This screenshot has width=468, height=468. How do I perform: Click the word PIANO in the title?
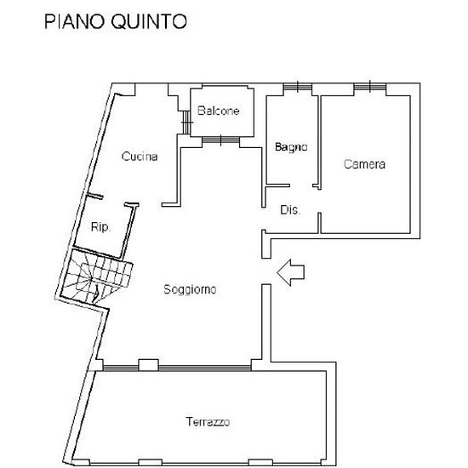(x=75, y=21)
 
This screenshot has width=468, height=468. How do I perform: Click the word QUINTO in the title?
(x=149, y=22)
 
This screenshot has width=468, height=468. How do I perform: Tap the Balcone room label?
(x=219, y=111)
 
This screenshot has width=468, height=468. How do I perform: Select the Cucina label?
(x=140, y=157)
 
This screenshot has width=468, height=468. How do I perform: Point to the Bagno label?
(x=291, y=147)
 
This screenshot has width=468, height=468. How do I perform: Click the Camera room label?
(x=364, y=164)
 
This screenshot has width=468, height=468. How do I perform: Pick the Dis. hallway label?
(x=290, y=210)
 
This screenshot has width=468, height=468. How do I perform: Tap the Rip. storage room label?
(x=101, y=227)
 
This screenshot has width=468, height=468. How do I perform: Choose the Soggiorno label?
(x=190, y=289)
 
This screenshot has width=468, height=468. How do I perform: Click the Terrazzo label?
(x=208, y=422)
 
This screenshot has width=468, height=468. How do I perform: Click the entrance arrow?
(x=290, y=272)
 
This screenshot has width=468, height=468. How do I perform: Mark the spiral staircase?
(x=96, y=276)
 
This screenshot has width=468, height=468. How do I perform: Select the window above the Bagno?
(x=298, y=87)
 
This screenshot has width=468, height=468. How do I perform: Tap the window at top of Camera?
(x=370, y=87)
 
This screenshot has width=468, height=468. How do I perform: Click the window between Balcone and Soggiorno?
(x=221, y=140)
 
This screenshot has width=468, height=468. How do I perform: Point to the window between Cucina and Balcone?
(x=186, y=122)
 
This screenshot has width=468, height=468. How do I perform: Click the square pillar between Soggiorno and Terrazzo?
(x=149, y=365)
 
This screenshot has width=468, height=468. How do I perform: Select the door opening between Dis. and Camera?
(x=319, y=201)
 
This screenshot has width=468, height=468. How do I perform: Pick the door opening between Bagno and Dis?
(x=301, y=185)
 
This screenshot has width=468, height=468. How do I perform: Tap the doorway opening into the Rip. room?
(x=114, y=201)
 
